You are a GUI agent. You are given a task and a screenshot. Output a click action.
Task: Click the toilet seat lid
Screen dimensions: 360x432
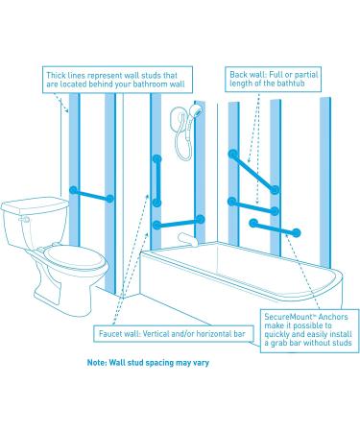[x=75, y=256]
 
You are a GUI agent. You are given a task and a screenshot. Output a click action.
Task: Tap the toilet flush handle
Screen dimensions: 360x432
[x=24, y=220]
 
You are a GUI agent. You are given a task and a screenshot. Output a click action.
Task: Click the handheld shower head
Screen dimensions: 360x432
[x=195, y=110]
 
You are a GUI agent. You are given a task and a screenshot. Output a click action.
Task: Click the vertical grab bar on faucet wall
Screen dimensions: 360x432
[x=156, y=180]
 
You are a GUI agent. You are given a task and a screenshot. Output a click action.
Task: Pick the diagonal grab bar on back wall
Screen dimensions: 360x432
[x=253, y=172]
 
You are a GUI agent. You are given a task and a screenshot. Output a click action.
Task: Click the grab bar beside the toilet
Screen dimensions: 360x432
[x=91, y=195]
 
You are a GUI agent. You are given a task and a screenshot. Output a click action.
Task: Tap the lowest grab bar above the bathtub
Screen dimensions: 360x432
[x=275, y=228]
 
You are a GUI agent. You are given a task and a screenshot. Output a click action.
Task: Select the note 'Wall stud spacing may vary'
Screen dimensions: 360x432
[x=148, y=363]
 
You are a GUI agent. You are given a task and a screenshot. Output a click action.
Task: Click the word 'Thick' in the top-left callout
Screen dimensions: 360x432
[x=56, y=76]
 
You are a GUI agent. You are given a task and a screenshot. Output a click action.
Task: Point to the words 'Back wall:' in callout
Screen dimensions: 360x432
[x=248, y=75]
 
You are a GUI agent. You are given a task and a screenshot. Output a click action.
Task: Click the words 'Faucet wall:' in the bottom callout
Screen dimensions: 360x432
[x=119, y=334]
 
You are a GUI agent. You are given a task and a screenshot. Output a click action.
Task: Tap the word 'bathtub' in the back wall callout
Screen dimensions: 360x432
[x=291, y=84]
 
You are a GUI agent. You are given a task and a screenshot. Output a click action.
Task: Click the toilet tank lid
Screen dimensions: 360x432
[x=35, y=204]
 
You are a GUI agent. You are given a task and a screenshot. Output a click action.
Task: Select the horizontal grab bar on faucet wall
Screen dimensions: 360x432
[x=179, y=223]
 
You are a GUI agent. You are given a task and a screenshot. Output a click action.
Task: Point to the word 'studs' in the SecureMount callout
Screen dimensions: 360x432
[x=342, y=343]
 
